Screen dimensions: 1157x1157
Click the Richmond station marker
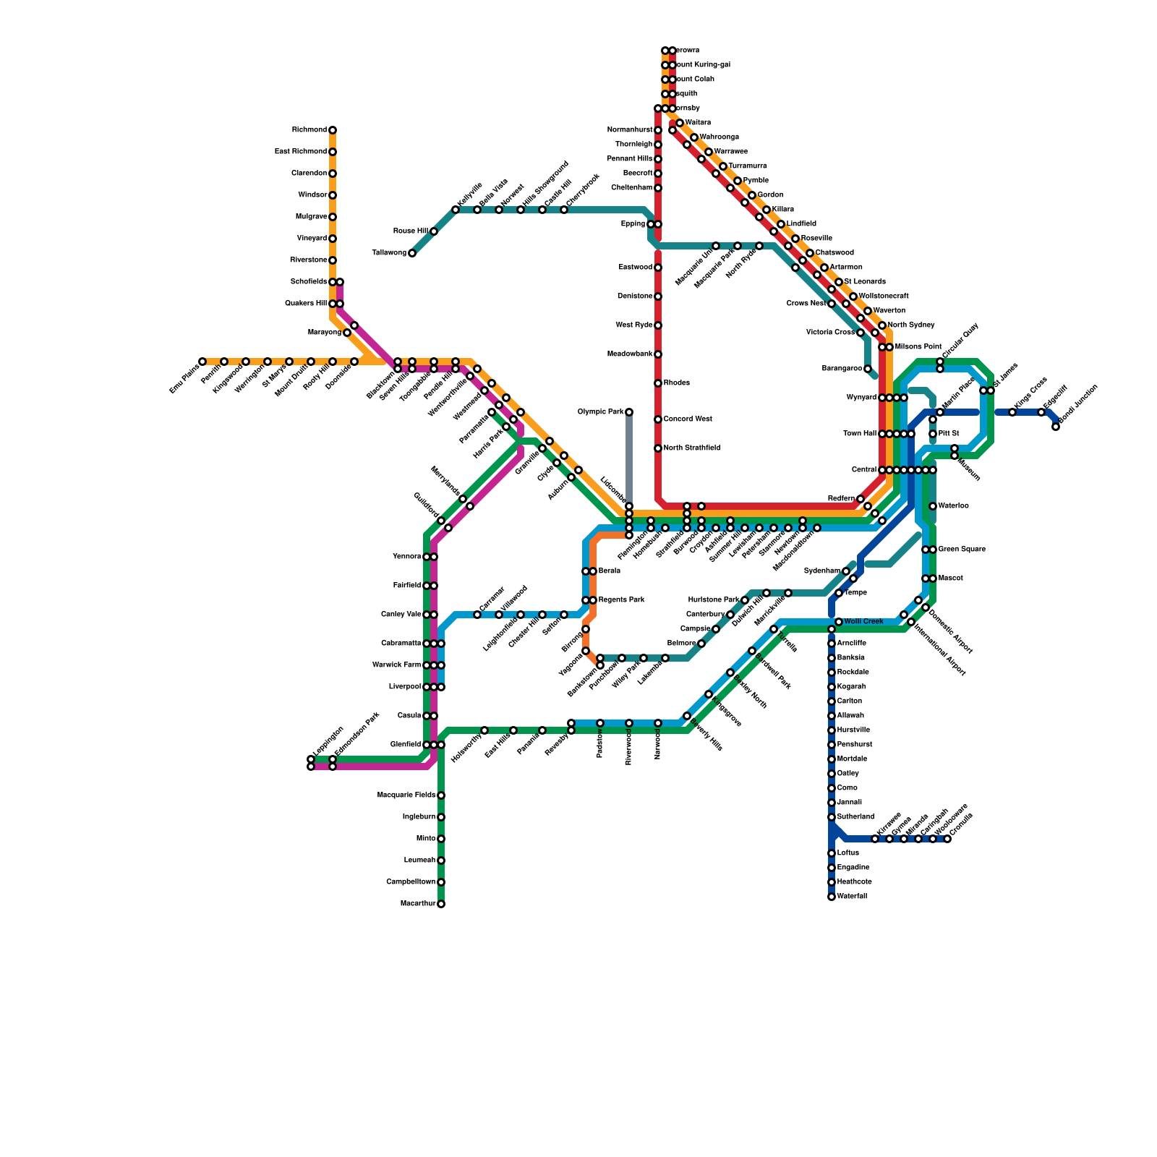coord(333,130)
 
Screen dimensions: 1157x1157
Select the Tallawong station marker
coord(412,253)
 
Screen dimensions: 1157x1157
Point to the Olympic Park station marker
coord(629,412)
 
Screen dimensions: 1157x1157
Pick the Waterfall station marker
coord(832,897)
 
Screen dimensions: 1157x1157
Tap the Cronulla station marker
coord(947,839)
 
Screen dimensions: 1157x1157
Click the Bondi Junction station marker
coord(1056,427)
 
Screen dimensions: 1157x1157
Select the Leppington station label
coord(328,741)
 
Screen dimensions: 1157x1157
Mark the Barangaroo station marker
coord(868,369)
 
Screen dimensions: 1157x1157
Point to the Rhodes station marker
coord(658,383)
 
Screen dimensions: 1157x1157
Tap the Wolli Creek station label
coord(863,622)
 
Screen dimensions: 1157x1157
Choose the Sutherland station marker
coord(832,817)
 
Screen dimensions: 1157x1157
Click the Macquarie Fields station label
coord(406,795)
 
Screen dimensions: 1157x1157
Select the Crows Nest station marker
coord(832,304)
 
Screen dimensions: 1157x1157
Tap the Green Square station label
coord(962,550)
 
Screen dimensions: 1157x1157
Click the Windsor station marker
coord(333,195)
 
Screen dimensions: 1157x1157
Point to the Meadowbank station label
coord(630,354)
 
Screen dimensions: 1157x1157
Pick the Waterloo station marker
coord(933,506)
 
